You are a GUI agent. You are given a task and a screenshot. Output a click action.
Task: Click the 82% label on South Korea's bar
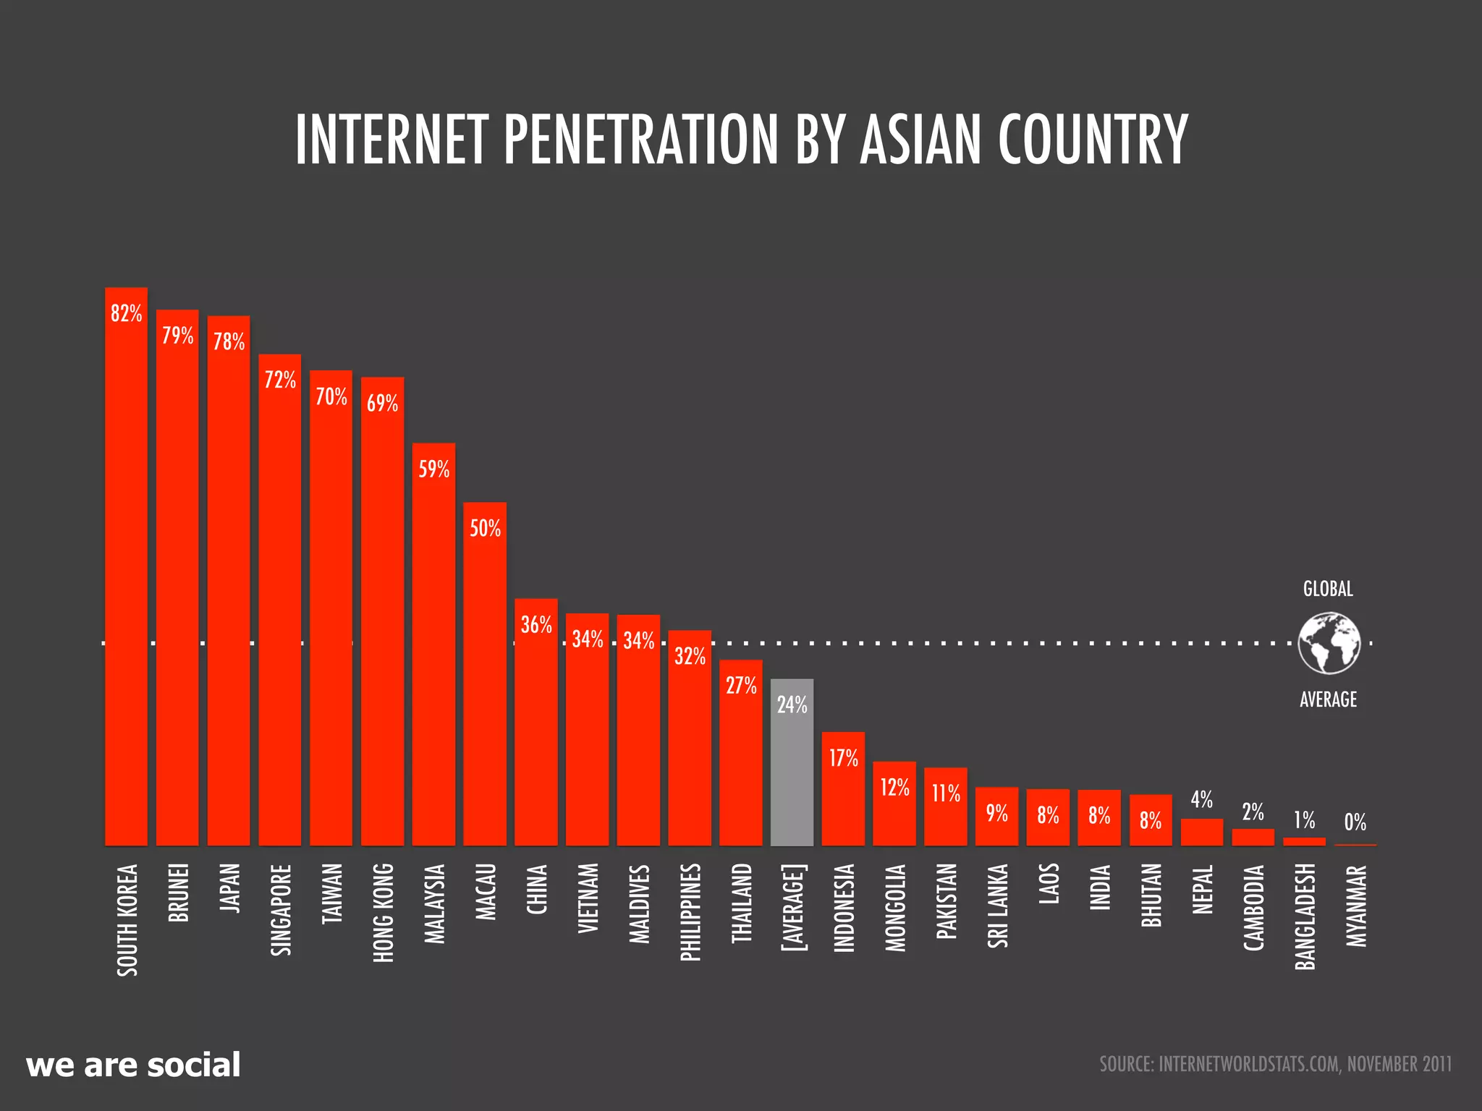pos(126,313)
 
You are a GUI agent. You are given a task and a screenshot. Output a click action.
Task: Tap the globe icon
pos(1329,643)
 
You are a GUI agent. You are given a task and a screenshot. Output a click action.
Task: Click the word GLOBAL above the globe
pos(1328,589)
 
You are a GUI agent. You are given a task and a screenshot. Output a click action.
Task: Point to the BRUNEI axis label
pos(178,893)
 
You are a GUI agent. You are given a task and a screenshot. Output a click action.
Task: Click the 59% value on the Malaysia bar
pos(433,469)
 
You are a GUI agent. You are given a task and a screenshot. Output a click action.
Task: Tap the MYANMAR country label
pos(1356,906)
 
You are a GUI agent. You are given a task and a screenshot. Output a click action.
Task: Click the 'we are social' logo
pos(133,1065)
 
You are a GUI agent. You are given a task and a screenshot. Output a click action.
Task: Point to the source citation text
pos(1275,1064)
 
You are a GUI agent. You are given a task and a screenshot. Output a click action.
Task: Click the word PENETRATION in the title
pos(640,140)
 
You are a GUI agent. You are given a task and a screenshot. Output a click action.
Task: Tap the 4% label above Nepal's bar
pos(1201,799)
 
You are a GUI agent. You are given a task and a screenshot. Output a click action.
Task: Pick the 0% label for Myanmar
pos(1355,822)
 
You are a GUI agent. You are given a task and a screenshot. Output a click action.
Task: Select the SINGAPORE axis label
pos(281,910)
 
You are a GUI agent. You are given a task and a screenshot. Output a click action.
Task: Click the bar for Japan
pos(229,593)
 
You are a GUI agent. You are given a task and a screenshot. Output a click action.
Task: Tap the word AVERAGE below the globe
pos(1328,699)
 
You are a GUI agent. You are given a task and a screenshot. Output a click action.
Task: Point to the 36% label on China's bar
pos(536,625)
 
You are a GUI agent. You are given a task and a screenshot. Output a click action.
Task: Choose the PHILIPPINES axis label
pos(690,912)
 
